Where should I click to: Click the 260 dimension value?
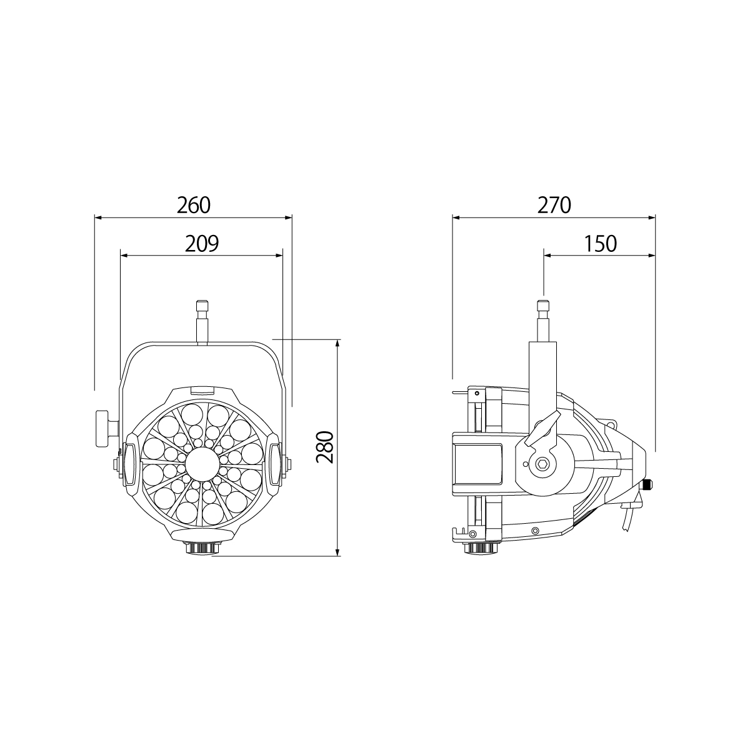click(193, 205)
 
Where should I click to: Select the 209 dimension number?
click(202, 243)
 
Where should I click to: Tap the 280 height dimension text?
click(324, 447)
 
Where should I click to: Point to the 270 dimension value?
click(554, 205)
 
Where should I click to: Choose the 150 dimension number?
click(601, 243)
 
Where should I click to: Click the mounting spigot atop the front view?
click(202, 322)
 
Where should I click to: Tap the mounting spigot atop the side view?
click(543, 321)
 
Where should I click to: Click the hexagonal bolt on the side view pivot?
click(542, 464)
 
